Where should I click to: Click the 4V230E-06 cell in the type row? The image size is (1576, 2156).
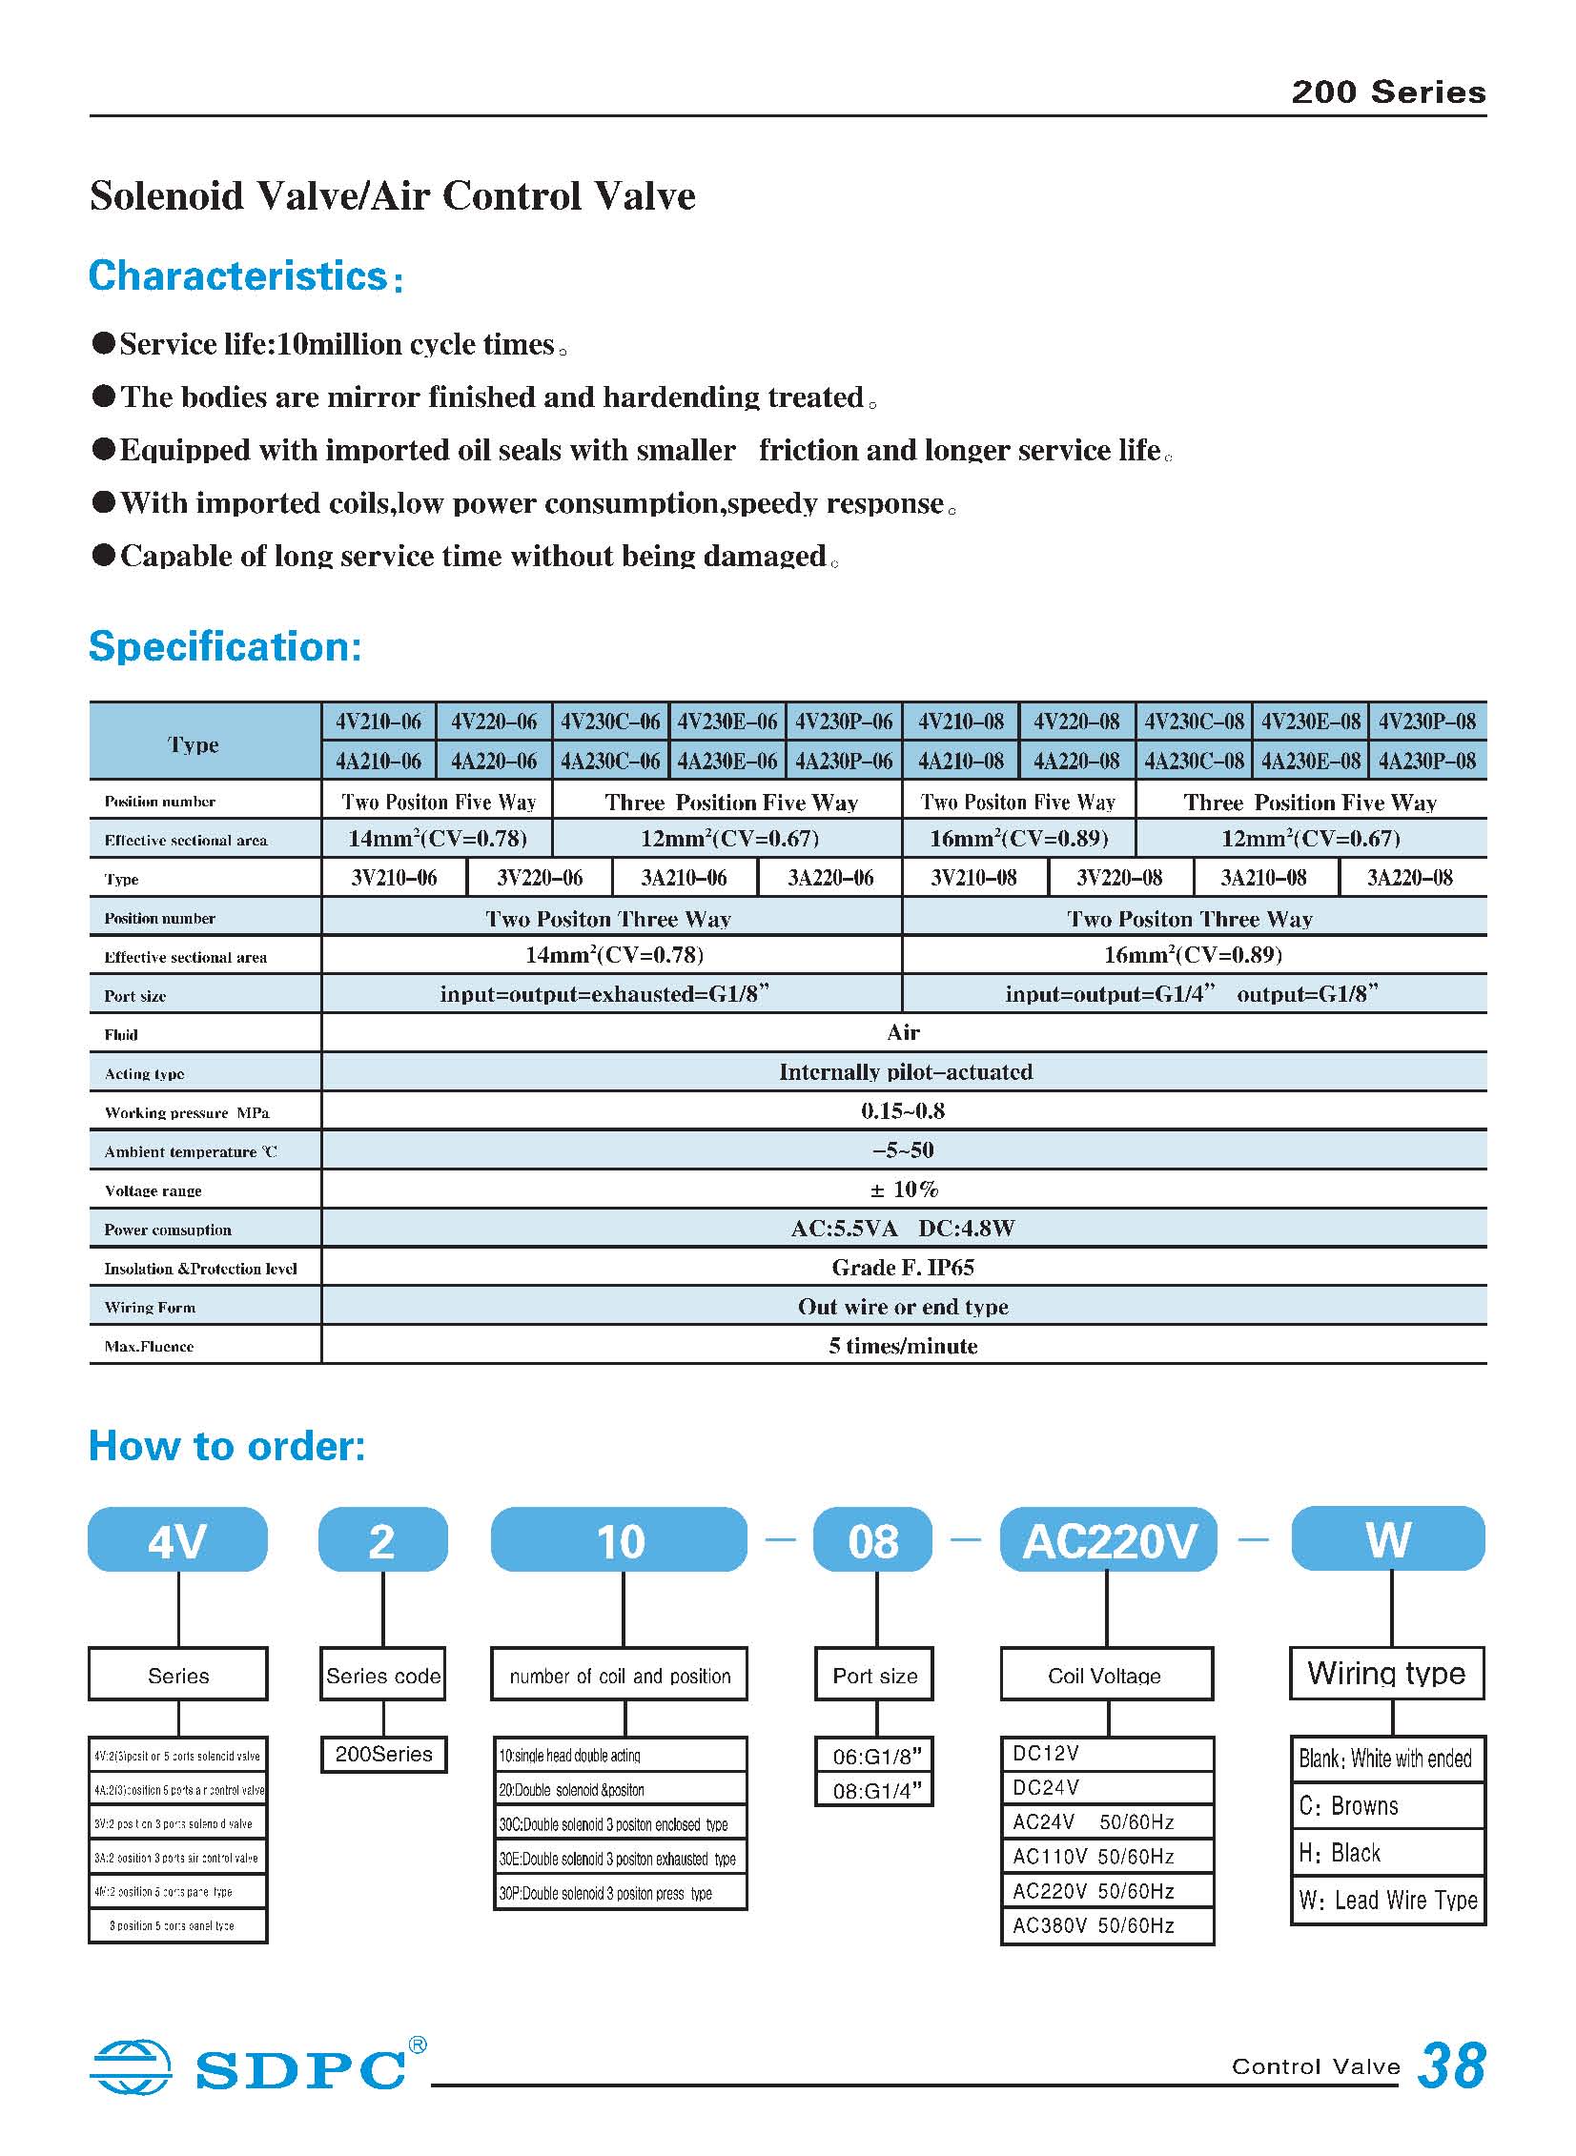(x=727, y=722)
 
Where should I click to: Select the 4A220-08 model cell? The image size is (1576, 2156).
(x=1076, y=761)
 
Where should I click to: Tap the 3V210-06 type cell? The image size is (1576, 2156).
(x=394, y=877)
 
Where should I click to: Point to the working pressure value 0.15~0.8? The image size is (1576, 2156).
(x=903, y=1111)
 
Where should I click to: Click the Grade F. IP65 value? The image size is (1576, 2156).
(x=903, y=1268)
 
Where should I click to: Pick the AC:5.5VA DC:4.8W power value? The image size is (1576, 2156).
(x=903, y=1229)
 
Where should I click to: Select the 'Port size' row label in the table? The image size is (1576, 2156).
(x=135, y=995)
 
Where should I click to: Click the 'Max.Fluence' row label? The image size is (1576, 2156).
(x=149, y=1347)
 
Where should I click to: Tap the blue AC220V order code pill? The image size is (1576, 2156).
(x=1109, y=1541)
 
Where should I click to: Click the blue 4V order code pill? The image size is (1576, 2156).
(x=177, y=1541)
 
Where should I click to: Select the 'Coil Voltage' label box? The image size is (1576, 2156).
(x=1106, y=1676)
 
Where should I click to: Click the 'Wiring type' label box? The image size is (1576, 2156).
(x=1386, y=1674)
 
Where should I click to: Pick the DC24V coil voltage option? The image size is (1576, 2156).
(x=1047, y=1788)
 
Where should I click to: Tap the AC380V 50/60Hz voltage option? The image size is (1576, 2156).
(x=1094, y=1925)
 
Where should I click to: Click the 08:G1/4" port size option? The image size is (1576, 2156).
(x=876, y=1791)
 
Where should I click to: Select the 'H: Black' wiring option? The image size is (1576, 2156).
(x=1341, y=1853)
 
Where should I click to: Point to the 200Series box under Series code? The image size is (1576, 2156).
(x=383, y=1754)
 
